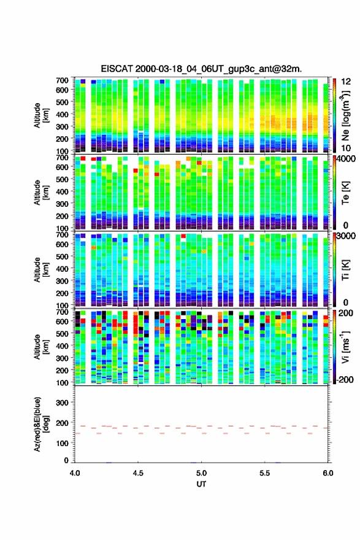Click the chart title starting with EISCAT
click(x=201, y=69)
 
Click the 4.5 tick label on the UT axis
click(x=138, y=473)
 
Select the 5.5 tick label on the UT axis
click(x=265, y=473)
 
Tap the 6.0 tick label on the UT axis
click(x=328, y=473)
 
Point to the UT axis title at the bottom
click(x=201, y=484)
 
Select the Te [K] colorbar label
click(x=345, y=194)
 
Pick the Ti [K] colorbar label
click(x=345, y=270)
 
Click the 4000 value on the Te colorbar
click(x=347, y=159)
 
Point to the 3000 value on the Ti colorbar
click(x=347, y=236)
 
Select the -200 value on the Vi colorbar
click(x=345, y=379)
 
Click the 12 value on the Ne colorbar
click(x=346, y=82)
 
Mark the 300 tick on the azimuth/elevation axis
click(x=63, y=403)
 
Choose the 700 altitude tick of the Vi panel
click(x=63, y=312)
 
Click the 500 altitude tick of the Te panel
click(x=63, y=179)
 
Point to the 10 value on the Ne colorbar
click(x=346, y=148)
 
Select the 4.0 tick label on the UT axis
click(x=75, y=473)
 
